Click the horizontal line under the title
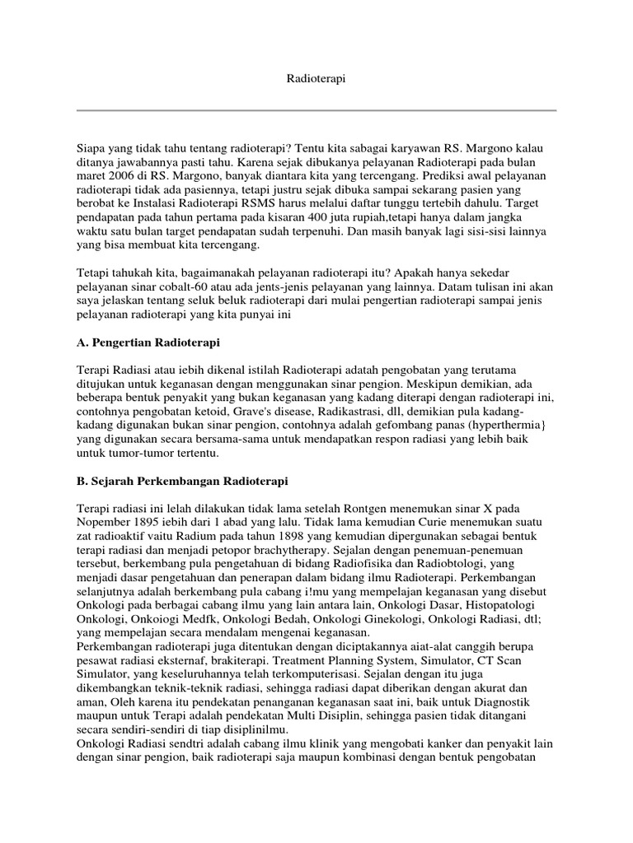[316, 110]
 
